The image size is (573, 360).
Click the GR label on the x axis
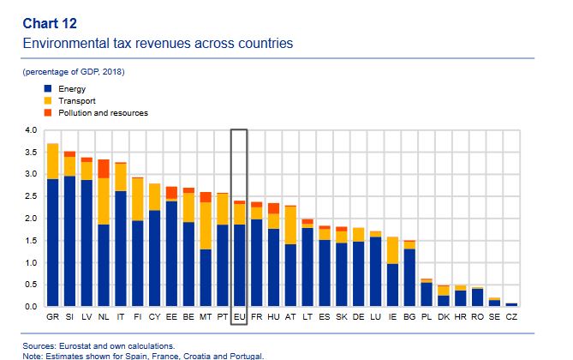pos(53,317)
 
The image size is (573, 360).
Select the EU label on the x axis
pos(240,317)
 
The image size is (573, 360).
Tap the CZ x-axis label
pos(511,317)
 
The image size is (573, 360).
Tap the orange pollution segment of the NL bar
pos(104,169)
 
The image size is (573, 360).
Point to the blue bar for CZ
pos(511,304)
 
